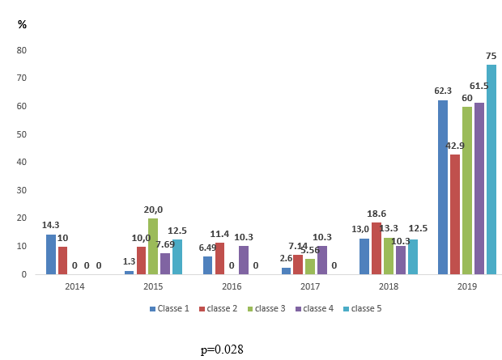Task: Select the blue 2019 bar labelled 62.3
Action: tap(443, 187)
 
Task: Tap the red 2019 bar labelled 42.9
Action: tap(455, 214)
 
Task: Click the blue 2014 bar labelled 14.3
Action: tap(51, 254)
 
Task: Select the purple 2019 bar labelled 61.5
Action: tap(479, 188)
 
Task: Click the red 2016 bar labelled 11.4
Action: tap(219, 258)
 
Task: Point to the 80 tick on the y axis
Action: tap(23, 50)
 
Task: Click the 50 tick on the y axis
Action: tap(23, 134)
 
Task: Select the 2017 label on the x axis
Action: tap(309, 286)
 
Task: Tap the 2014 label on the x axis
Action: tap(74, 286)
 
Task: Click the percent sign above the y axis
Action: tap(22, 24)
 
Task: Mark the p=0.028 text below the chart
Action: tap(222, 349)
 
